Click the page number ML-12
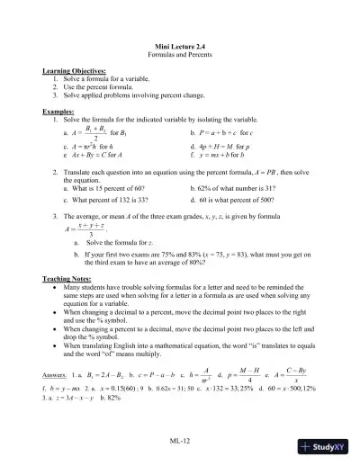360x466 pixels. [x=180, y=440]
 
